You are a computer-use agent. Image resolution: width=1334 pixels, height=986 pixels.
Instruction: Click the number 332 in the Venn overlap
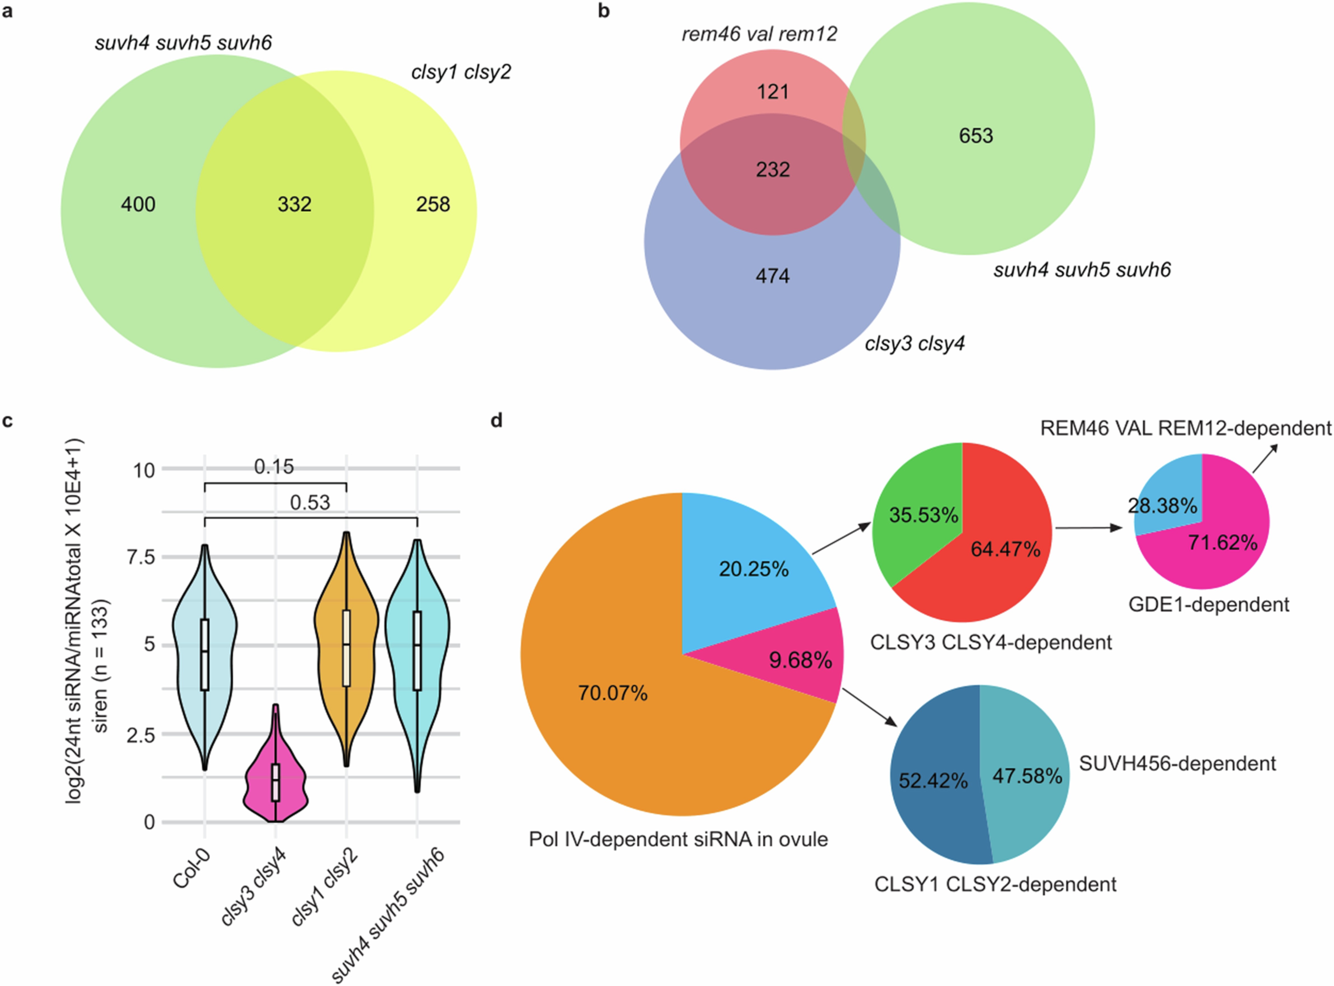pos(294,205)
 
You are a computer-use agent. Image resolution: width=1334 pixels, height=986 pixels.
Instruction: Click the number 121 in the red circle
pos(773,92)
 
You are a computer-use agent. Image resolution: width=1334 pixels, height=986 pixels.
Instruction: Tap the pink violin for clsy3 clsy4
pos(275,776)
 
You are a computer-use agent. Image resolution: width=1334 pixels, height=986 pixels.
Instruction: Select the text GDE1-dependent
pos(1209,604)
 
